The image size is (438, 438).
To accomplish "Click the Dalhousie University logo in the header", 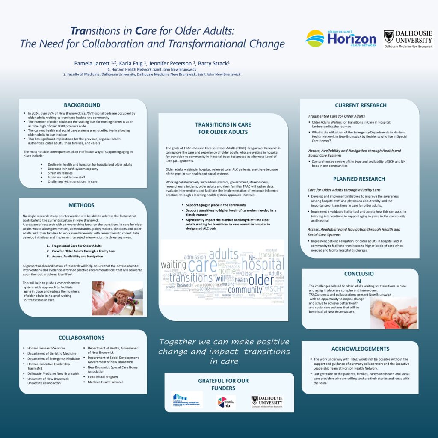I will [408, 38].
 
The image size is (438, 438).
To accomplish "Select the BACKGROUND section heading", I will [82, 105].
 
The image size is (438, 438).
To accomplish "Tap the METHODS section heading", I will [81, 205].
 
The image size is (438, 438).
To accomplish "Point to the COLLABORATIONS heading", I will [81, 337].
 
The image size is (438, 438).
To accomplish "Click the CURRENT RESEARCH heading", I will [361, 105].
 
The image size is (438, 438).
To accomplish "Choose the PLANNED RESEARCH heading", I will [359, 179].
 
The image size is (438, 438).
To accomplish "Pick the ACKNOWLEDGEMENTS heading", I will [360, 349].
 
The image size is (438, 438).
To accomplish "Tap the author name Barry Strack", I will [213, 63].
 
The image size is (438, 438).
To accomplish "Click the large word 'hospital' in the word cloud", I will [254, 265].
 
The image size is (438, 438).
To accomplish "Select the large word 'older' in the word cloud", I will [261, 281].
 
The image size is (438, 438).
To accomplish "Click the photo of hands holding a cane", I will [117, 298].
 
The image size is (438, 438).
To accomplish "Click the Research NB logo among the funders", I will [226, 402].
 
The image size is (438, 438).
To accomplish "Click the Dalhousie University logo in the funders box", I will [267, 401].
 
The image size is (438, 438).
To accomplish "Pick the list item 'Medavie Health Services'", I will [106, 382].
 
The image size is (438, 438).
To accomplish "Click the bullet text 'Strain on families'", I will [60, 173].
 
